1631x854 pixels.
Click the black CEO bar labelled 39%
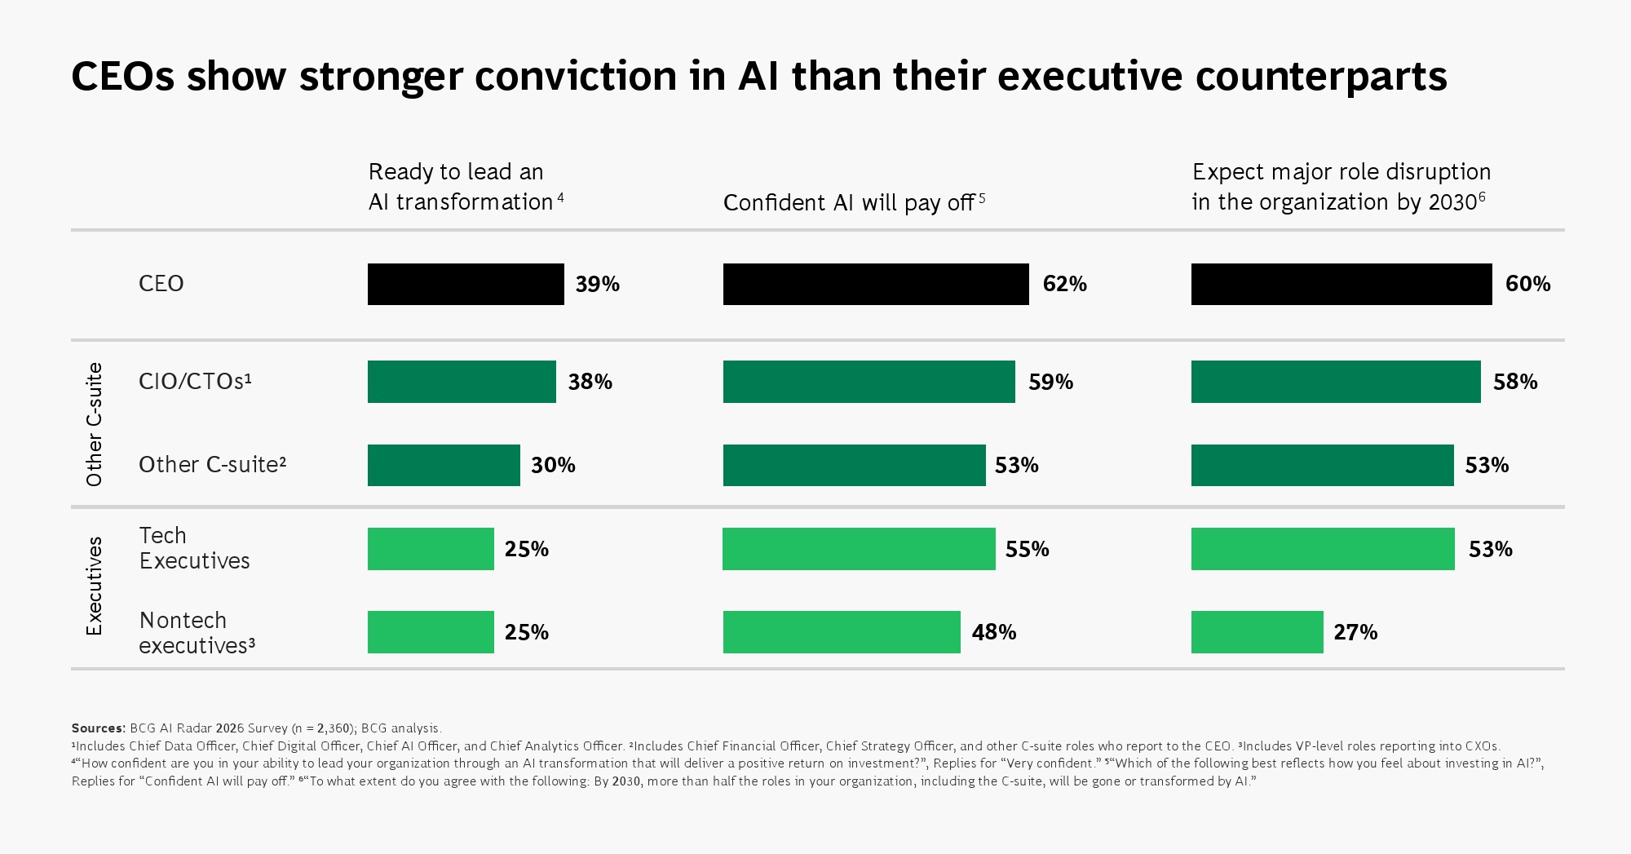[466, 284]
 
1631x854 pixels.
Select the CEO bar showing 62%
[876, 284]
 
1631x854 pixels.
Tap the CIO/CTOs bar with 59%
[869, 382]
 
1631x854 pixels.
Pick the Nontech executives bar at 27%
[1257, 632]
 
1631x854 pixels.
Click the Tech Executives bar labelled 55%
[859, 549]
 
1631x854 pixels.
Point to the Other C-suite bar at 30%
[444, 465]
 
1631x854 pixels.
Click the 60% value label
[1527, 284]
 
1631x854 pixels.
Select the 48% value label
[993, 632]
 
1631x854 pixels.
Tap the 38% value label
[590, 382]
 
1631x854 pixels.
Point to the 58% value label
[1515, 382]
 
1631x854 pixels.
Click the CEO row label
[161, 284]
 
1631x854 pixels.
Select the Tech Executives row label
[194, 548]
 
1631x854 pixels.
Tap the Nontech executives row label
[197, 633]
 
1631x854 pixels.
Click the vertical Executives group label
[95, 586]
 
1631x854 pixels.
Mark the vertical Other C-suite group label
[95, 424]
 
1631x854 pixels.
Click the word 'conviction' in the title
[576, 77]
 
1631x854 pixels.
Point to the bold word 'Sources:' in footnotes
[99, 728]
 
